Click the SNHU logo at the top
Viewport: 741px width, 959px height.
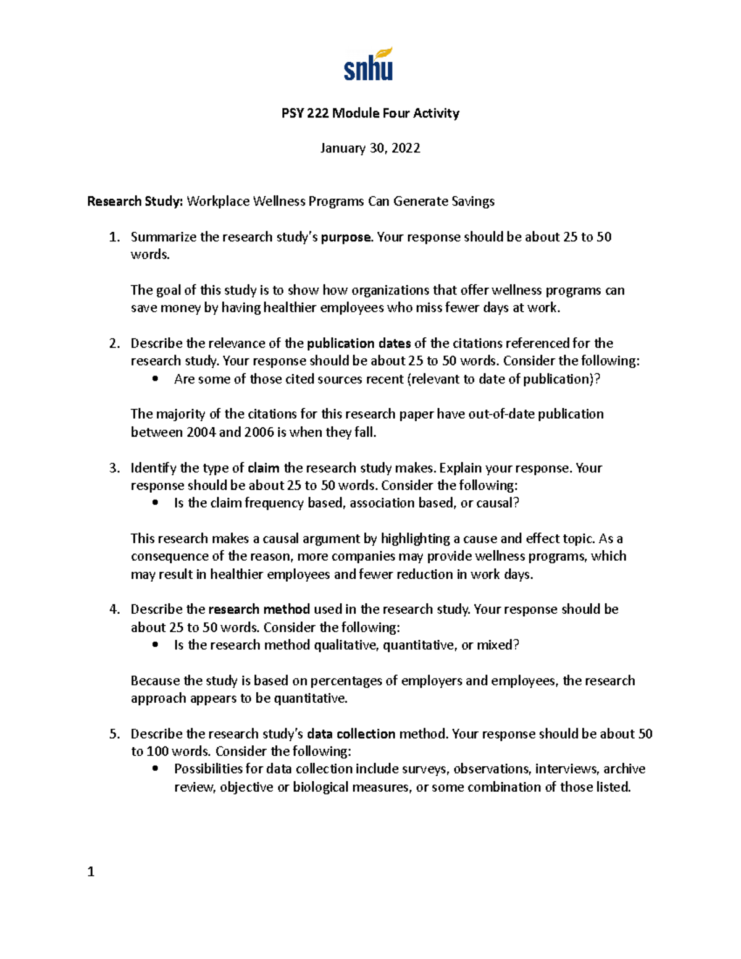[369, 64]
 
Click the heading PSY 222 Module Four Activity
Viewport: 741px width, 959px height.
[370, 113]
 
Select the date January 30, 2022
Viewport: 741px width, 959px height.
[370, 148]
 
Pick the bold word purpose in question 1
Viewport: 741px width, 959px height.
[346, 237]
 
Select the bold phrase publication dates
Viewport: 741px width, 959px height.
[359, 343]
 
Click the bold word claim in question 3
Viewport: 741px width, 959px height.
[263, 468]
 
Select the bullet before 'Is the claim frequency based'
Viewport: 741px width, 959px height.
[155, 503]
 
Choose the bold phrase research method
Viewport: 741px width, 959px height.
[259, 609]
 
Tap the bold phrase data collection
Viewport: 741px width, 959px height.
[351, 734]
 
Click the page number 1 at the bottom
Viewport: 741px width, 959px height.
[91, 872]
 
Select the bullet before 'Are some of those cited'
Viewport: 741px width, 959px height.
[155, 379]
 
